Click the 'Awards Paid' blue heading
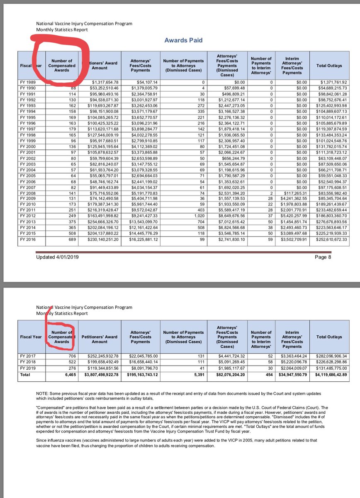pyautogui.click(x=183, y=40)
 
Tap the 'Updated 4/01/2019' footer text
pyautogui.click(x=57, y=257)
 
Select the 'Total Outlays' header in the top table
pyautogui.click(x=329, y=66)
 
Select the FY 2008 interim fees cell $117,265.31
pyautogui.click(x=293, y=193)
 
